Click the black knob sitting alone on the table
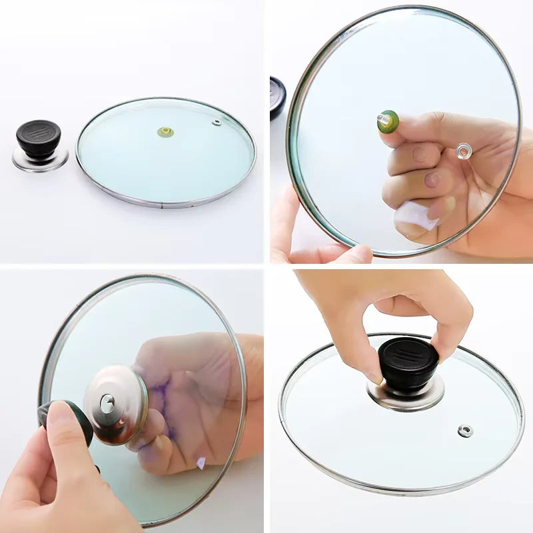(39, 136)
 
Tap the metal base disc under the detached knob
(40, 160)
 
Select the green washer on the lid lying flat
(165, 132)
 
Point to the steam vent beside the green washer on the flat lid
(217, 123)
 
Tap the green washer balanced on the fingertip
(388, 122)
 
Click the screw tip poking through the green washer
(382, 118)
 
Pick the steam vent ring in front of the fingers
(464, 151)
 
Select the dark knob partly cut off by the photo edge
(277, 97)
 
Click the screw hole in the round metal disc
(107, 401)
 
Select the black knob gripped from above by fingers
(408, 364)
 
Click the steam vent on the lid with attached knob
(465, 430)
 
